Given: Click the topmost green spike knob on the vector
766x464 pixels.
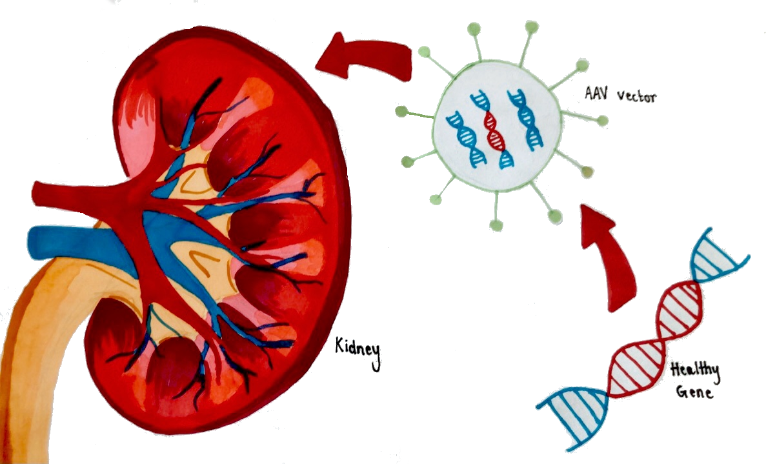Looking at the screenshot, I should (531, 26).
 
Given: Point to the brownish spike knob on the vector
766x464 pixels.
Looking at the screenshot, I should (587, 172).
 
